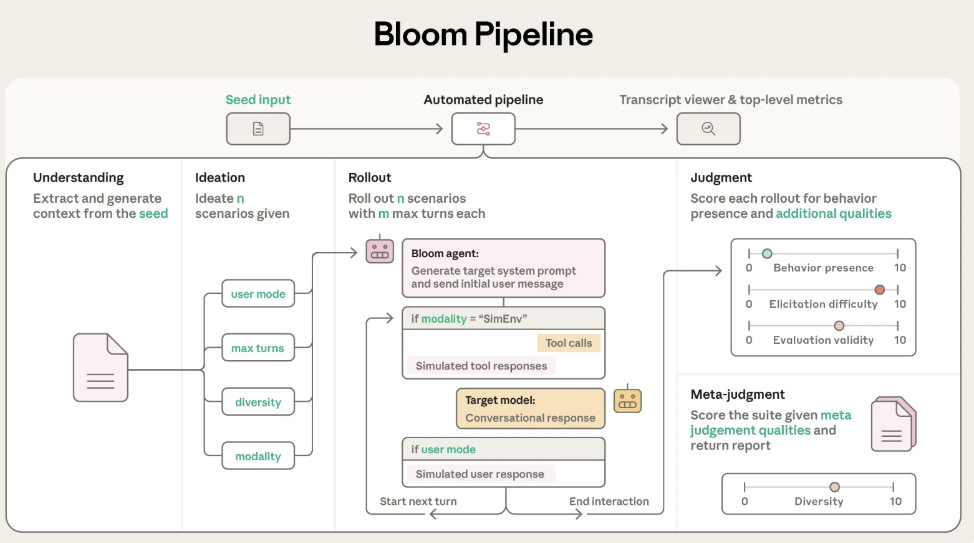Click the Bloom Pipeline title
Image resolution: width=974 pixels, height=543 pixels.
tap(483, 34)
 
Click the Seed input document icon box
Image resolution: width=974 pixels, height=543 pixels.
tap(258, 129)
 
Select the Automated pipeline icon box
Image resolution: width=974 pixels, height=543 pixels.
tap(483, 129)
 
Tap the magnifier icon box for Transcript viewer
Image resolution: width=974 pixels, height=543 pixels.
tap(708, 129)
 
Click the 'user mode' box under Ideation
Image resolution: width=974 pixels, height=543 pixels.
tap(258, 294)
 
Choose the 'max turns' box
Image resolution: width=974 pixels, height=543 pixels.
tap(258, 348)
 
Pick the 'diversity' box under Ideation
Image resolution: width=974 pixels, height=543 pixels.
tap(258, 403)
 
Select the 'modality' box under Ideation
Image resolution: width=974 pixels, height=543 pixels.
tap(258, 456)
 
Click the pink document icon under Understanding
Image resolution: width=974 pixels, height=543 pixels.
tap(100, 368)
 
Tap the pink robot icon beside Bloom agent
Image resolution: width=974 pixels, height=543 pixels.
tap(380, 251)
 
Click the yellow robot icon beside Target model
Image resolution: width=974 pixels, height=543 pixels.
tap(627, 401)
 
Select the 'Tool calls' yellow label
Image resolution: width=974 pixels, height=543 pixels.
tap(569, 343)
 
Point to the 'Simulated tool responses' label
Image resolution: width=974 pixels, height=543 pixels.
tap(481, 366)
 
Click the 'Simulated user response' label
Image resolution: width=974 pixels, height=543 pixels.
tap(480, 474)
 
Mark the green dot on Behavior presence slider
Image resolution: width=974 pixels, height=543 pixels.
tap(767, 253)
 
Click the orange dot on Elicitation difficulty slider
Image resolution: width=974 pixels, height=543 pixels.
tap(879, 290)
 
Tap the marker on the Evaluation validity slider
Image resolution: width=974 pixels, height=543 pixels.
tap(839, 326)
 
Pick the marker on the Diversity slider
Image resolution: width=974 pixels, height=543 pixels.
tap(834, 487)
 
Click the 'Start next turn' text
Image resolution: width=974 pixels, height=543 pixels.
tap(418, 501)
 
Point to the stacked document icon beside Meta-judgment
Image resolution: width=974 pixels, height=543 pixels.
tap(893, 424)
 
